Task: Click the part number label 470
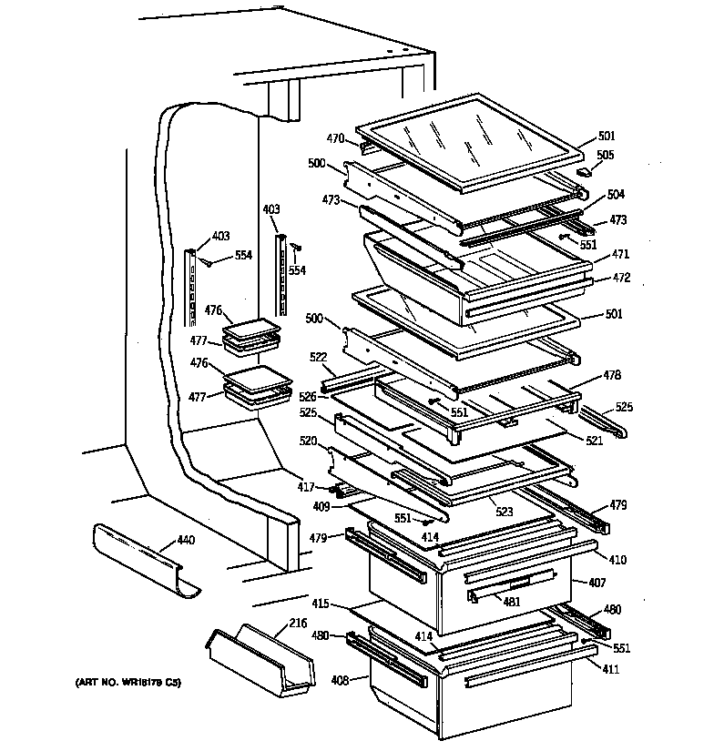(335, 139)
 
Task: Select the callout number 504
(617, 194)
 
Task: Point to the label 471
(619, 254)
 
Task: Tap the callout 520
(309, 440)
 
